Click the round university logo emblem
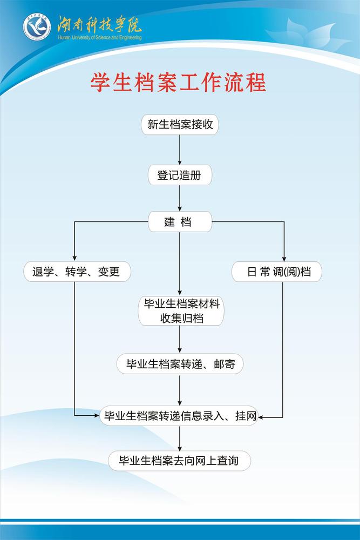point(36,28)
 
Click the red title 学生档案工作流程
point(178,83)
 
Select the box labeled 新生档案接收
point(180,125)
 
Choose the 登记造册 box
point(180,175)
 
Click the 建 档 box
point(180,222)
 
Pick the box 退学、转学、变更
point(77,272)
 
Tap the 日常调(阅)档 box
point(277,272)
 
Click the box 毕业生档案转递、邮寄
point(180,363)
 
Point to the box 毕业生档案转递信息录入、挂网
point(180,415)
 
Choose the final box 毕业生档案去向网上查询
point(180,461)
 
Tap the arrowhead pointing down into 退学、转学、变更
point(74,258)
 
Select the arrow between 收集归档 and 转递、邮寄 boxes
point(180,340)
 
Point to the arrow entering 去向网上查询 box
point(180,438)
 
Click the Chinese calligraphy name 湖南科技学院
point(99,23)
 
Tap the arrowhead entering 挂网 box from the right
point(264,416)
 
